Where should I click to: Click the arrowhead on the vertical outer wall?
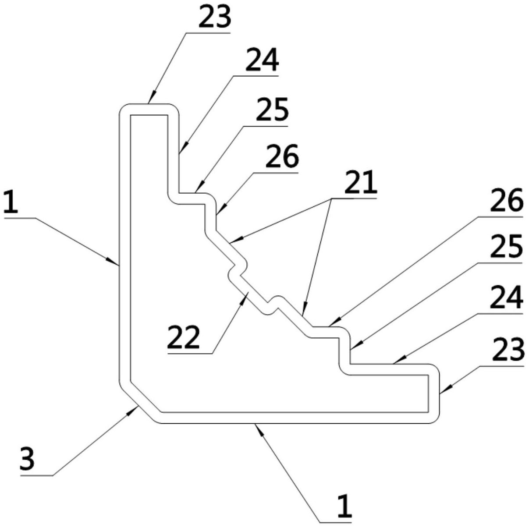pos(113,260)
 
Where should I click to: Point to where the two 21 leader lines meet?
pos(331,198)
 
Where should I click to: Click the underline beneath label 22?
pos(190,354)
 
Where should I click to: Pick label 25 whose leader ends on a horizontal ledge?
pos(272,110)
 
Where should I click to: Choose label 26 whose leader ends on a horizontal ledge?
pos(507,200)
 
